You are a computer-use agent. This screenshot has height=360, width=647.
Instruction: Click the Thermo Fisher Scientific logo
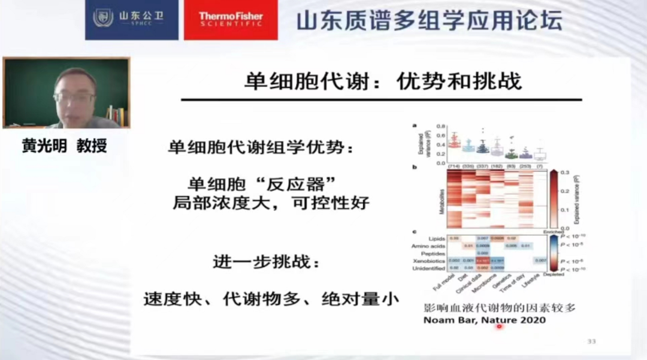click(230, 20)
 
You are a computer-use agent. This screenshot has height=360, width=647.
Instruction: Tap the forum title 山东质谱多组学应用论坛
click(429, 20)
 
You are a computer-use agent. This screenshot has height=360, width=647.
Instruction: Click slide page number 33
click(591, 341)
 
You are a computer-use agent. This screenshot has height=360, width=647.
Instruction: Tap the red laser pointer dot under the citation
click(498, 326)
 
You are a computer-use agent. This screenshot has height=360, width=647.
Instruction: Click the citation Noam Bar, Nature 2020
click(485, 320)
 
